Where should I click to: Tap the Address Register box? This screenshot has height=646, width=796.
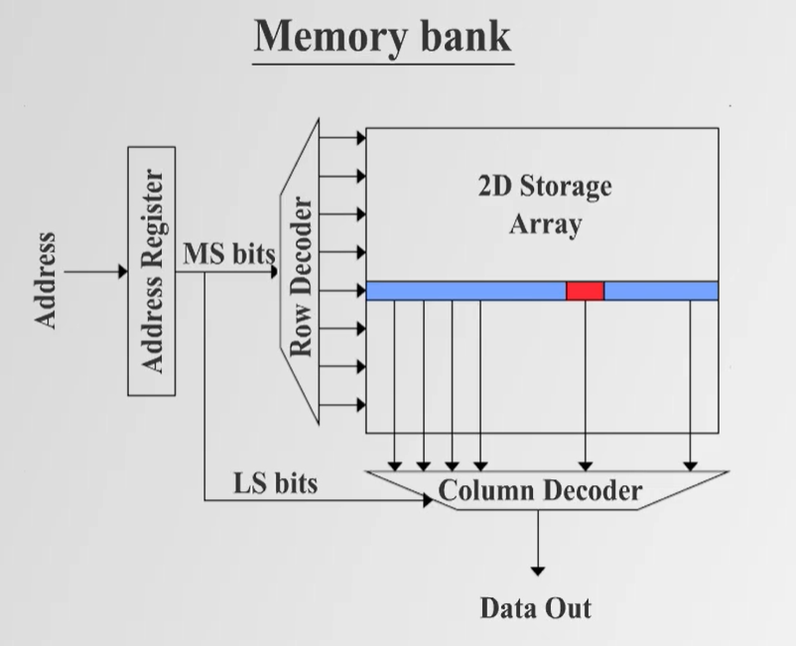click(x=152, y=270)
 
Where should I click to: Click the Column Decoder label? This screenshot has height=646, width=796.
click(x=540, y=490)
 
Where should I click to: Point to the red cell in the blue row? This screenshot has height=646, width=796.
click(x=585, y=291)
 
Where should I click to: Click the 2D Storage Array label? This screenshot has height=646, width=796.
click(x=545, y=204)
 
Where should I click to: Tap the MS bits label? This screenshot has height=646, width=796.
click(x=228, y=254)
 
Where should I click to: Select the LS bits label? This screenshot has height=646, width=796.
click(x=276, y=483)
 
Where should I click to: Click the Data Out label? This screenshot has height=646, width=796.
click(x=536, y=606)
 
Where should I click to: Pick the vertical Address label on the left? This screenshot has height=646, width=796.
click(x=46, y=281)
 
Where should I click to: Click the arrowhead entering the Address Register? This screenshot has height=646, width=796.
click(x=123, y=271)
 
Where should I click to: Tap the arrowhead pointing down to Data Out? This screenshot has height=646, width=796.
click(x=537, y=570)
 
